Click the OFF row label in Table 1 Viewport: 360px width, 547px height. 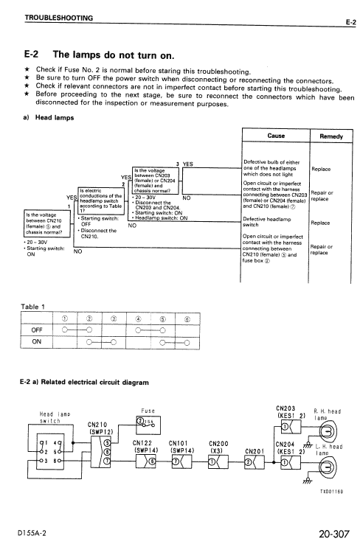[x=37, y=329]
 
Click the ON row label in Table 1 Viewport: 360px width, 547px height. [x=37, y=341]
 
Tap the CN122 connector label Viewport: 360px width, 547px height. [x=143, y=442]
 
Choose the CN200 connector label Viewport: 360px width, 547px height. [x=216, y=442]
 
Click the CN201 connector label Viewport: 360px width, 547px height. [x=253, y=449]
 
